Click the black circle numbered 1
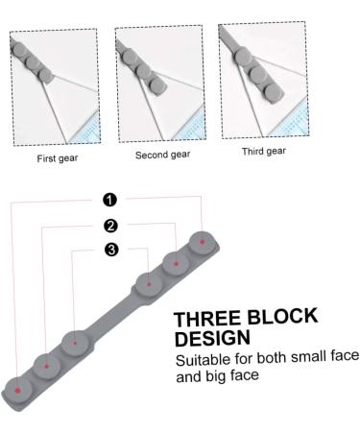click(110, 200)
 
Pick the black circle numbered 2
click(110, 226)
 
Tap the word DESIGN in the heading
click(212, 339)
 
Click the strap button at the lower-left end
click(18, 387)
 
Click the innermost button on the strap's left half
click(76, 341)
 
